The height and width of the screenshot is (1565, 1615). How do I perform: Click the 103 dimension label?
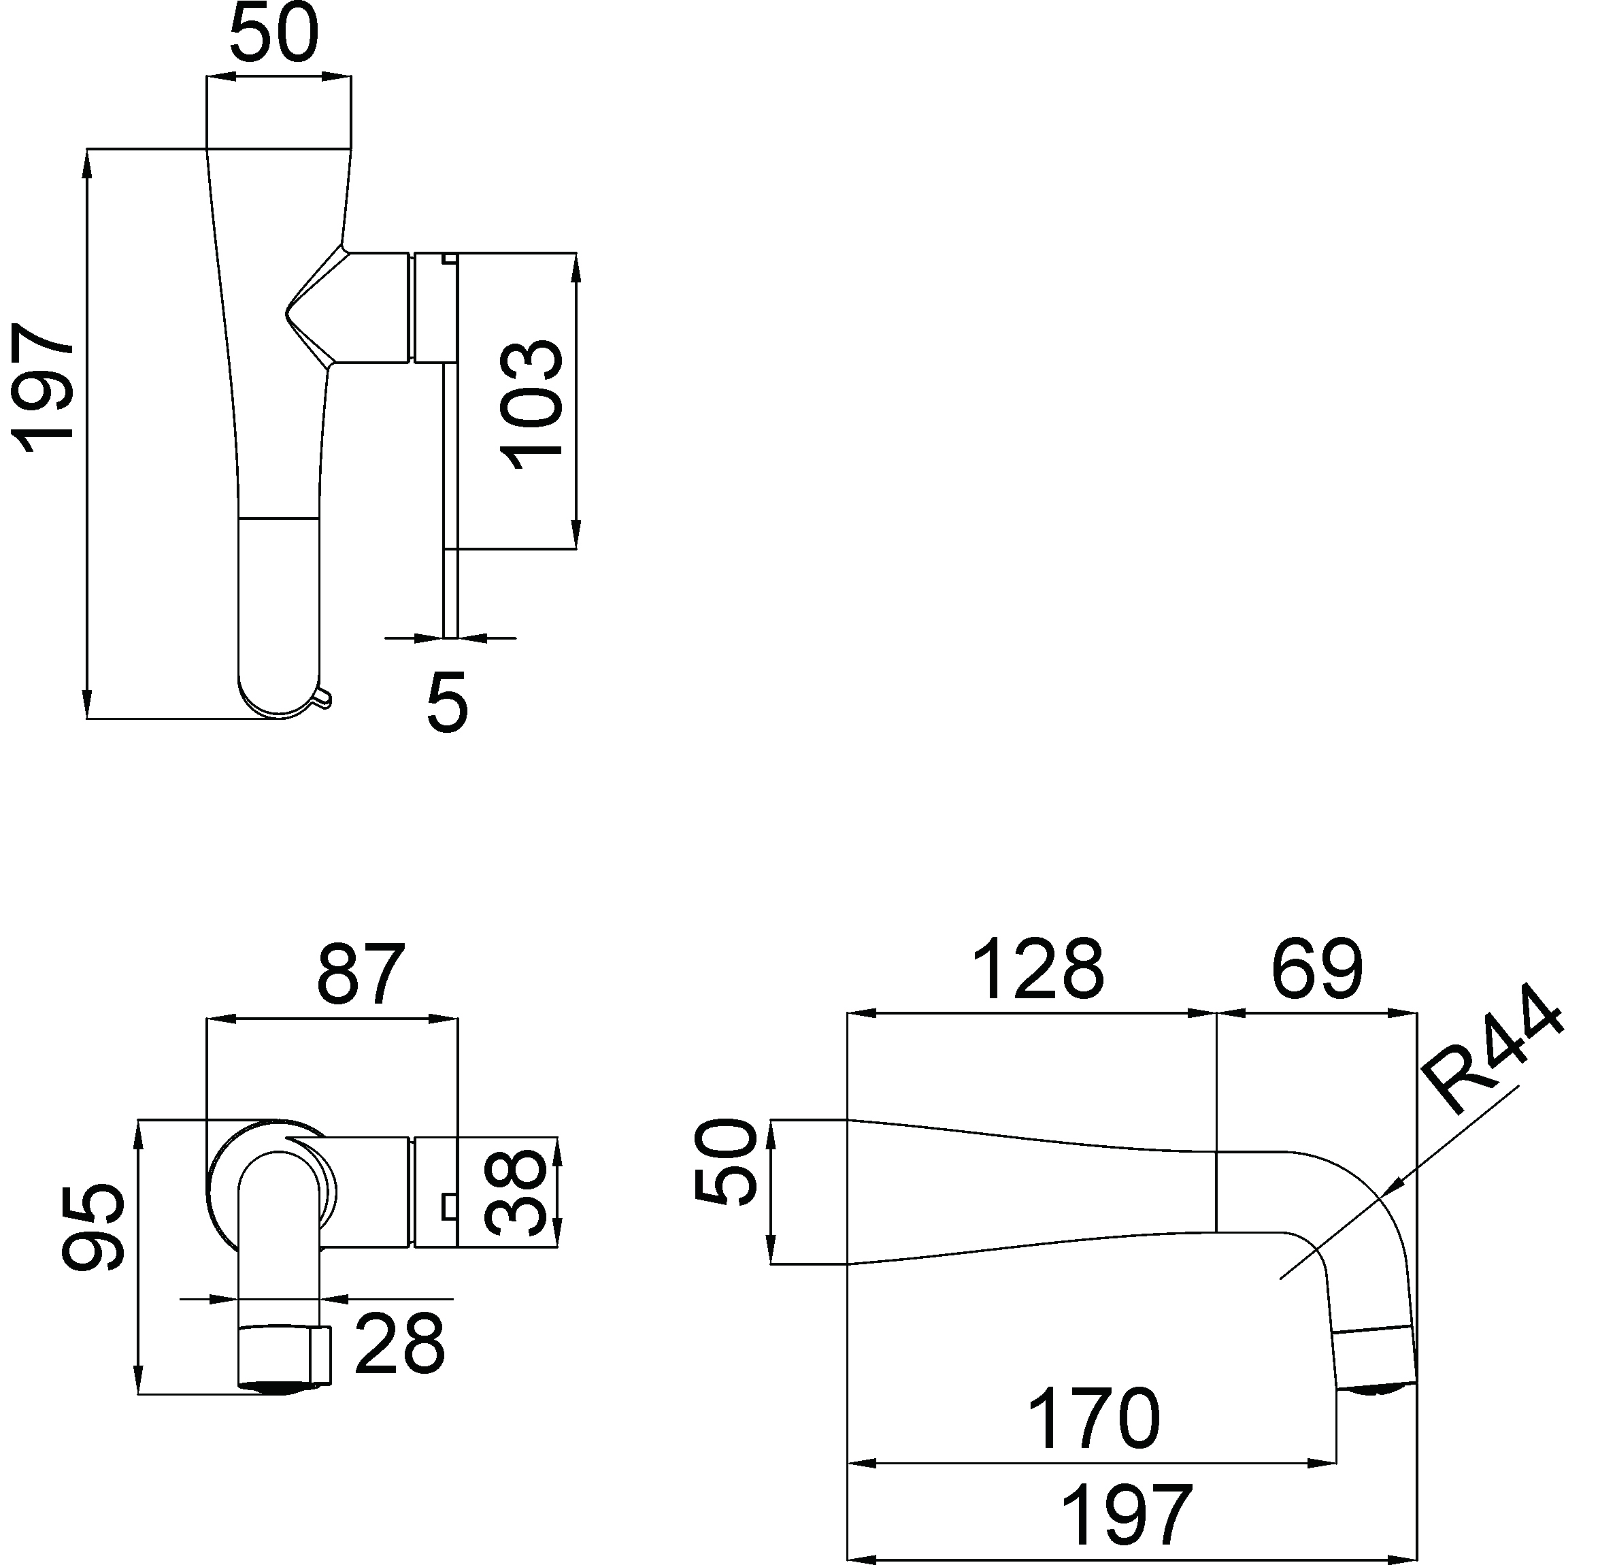pos(531,403)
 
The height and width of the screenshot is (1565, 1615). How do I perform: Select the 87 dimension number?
pos(362,973)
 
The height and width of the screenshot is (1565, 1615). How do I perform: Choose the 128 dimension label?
pos(1038,969)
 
